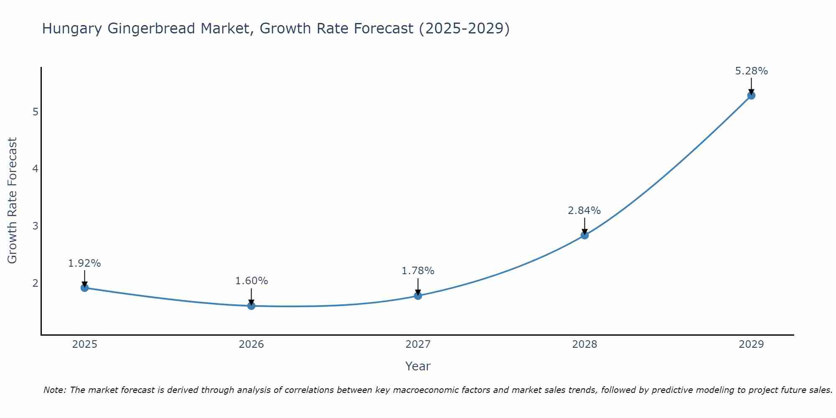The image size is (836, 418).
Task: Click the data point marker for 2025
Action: (x=84, y=288)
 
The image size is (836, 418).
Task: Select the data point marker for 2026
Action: (x=251, y=306)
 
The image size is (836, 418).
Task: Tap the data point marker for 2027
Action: (x=418, y=296)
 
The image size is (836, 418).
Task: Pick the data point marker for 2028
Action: (x=584, y=235)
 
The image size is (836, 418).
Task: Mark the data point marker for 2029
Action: (x=751, y=95)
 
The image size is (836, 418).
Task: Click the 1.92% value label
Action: (x=84, y=263)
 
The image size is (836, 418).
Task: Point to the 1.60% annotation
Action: (x=251, y=281)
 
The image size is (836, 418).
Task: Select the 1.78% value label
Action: (x=418, y=271)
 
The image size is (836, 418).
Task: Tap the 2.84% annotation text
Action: (x=584, y=211)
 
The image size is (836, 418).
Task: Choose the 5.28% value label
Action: (x=751, y=71)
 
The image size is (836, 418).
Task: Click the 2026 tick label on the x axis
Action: (x=251, y=344)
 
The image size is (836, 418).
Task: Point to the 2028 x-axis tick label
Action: (x=584, y=344)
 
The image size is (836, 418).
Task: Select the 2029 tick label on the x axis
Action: (x=751, y=344)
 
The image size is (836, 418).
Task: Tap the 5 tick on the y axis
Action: (x=35, y=112)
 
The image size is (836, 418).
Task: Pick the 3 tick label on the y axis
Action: (x=35, y=226)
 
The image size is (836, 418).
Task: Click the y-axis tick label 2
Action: (x=35, y=283)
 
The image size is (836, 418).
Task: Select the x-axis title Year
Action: (x=418, y=366)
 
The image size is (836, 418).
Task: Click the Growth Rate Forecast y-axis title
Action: (x=13, y=201)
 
